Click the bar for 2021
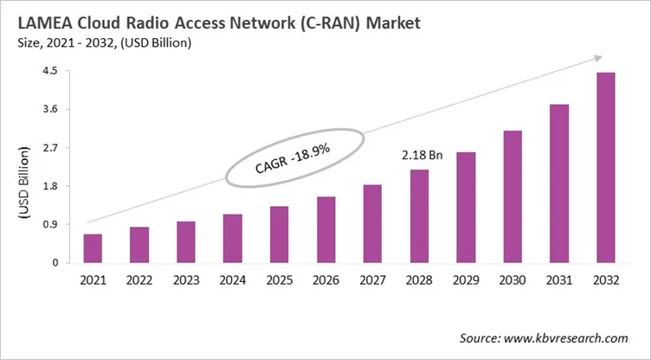click(x=93, y=248)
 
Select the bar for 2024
click(x=233, y=238)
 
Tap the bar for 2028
click(x=419, y=216)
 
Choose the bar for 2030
click(x=512, y=196)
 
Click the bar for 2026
click(x=325, y=229)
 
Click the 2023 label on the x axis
click(x=186, y=281)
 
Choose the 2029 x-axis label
click(x=466, y=281)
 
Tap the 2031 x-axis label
click(x=559, y=281)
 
